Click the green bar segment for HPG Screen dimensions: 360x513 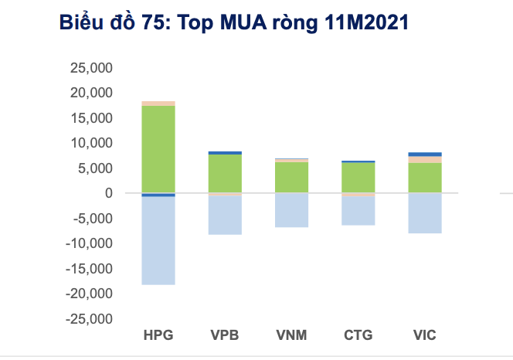pyautogui.click(x=158, y=148)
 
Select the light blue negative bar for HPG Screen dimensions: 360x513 pyautogui.click(x=158, y=240)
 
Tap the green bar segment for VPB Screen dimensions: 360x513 pyautogui.click(x=225, y=173)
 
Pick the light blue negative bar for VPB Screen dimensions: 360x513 pyautogui.click(x=225, y=215)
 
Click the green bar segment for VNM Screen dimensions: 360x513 pyautogui.click(x=291, y=177)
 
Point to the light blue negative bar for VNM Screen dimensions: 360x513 pyautogui.click(x=291, y=210)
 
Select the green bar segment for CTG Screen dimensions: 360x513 pyautogui.click(x=358, y=178)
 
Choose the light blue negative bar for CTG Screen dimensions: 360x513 pyautogui.click(x=358, y=210)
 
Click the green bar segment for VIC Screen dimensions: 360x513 pyautogui.click(x=425, y=178)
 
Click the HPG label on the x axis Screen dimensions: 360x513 pyautogui.click(x=158, y=335)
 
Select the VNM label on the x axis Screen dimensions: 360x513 pyautogui.click(x=291, y=335)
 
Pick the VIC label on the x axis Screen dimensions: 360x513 pyautogui.click(x=425, y=335)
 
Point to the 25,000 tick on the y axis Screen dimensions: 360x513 pyautogui.click(x=91, y=68)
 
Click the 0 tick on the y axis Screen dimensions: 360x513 pyautogui.click(x=109, y=193)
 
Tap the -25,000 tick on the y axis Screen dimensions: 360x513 pyautogui.click(x=89, y=318)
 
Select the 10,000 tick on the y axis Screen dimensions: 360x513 pyautogui.click(x=91, y=143)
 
